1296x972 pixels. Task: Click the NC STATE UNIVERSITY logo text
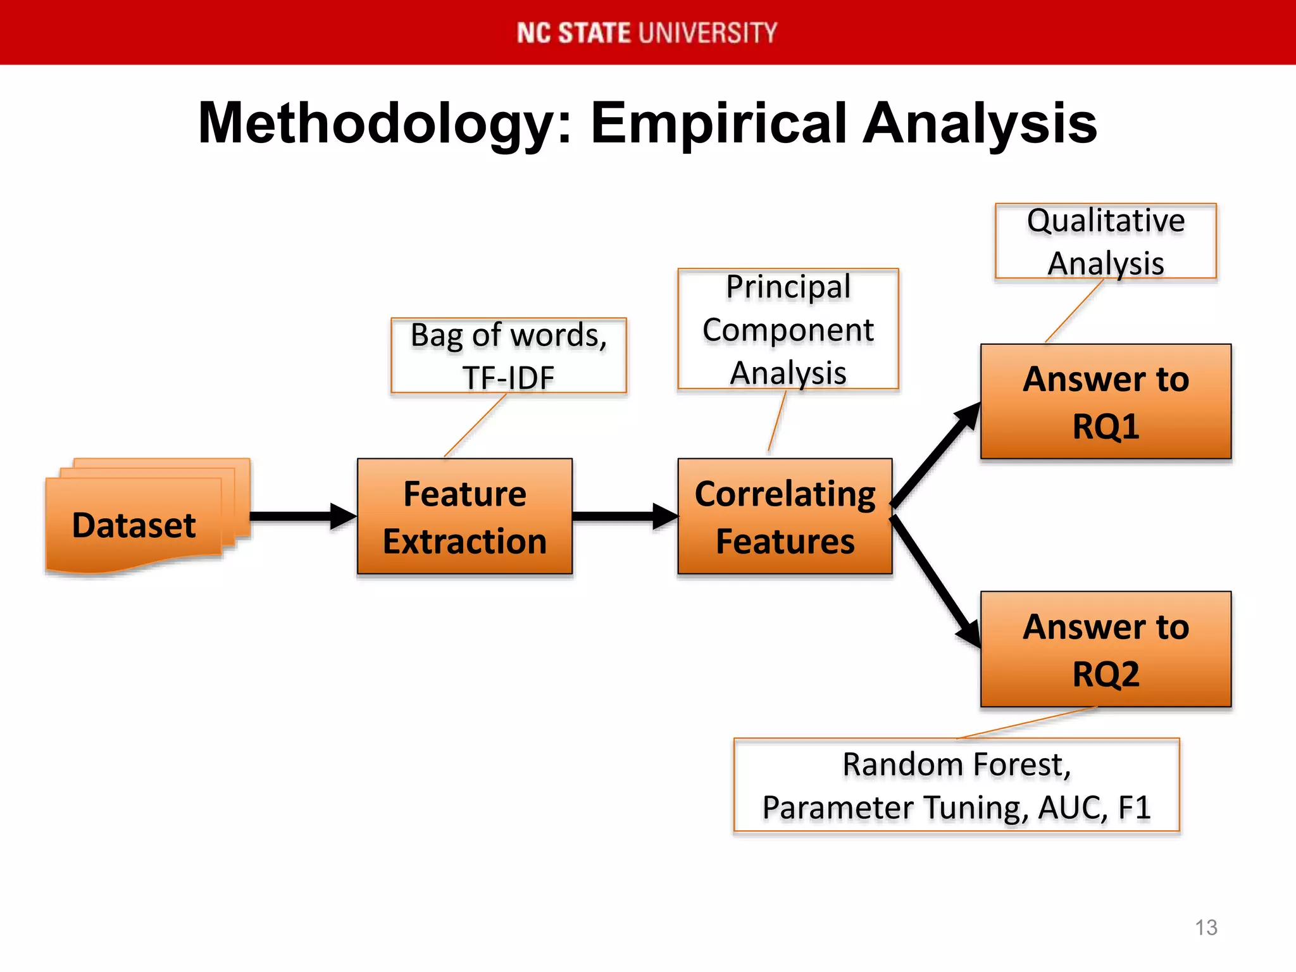pyautogui.click(x=647, y=33)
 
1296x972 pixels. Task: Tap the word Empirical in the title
pyautogui.click(x=719, y=124)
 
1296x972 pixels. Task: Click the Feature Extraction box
pyautogui.click(x=464, y=516)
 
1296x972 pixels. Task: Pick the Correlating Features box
pyautogui.click(x=785, y=516)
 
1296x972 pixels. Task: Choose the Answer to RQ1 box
pyautogui.click(x=1106, y=401)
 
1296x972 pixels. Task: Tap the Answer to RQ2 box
pyautogui.click(x=1106, y=649)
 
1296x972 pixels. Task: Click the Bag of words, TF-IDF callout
pyautogui.click(x=509, y=355)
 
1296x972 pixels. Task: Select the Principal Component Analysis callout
pyautogui.click(x=788, y=329)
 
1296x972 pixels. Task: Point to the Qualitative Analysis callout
pyautogui.click(x=1106, y=241)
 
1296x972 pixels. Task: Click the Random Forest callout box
pyautogui.click(x=956, y=785)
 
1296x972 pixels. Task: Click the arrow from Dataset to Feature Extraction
pyautogui.click(x=297, y=516)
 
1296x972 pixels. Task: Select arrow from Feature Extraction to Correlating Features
pyautogui.click(x=620, y=516)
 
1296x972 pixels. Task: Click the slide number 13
pyautogui.click(x=1206, y=928)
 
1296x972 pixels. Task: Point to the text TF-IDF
pyautogui.click(x=509, y=378)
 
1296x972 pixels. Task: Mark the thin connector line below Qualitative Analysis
pyautogui.click(x=1074, y=311)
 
